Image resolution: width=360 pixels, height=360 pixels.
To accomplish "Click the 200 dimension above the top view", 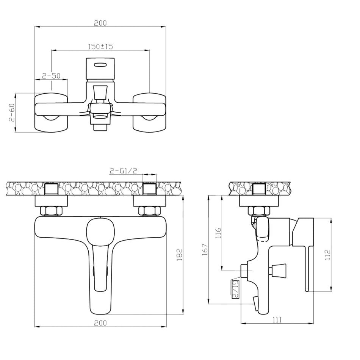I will coord(100,23).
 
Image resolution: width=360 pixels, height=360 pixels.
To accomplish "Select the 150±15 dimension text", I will coord(100,47).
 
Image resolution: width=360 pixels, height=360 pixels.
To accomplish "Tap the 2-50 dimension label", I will coord(51,76).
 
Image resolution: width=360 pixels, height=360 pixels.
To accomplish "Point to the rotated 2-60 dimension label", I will coord(12,113).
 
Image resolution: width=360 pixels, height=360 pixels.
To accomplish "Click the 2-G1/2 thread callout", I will coord(123,171).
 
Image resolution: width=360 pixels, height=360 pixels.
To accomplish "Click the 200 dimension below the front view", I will coord(100,323).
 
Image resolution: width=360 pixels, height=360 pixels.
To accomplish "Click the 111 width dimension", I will coord(277,320).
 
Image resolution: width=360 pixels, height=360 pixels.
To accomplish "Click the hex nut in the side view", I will coord(259,211).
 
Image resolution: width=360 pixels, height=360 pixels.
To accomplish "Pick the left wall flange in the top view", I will coord(51,113).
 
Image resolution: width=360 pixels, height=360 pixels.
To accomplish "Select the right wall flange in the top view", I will coord(149,113).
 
